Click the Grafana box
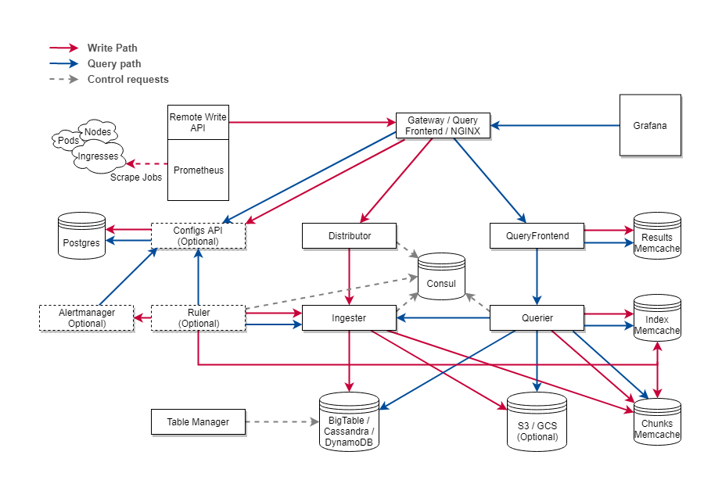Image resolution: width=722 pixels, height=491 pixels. tap(650, 125)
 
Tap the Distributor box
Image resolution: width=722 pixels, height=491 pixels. tap(350, 235)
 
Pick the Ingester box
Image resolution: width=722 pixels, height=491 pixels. tap(349, 318)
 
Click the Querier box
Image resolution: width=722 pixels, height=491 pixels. tap(537, 318)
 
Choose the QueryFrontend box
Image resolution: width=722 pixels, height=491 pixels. tap(537, 235)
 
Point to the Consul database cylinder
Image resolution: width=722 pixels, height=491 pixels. tap(441, 280)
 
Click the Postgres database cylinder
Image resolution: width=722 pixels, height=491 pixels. tap(81, 238)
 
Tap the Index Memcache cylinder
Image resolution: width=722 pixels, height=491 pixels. tap(656, 321)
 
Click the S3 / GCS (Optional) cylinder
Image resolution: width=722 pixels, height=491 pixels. tap(537, 425)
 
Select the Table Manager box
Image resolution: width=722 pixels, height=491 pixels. tap(198, 422)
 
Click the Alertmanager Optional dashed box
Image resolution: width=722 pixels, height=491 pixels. tap(87, 318)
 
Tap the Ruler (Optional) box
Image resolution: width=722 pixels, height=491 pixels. tap(198, 318)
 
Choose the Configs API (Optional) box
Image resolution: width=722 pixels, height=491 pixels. tap(198, 235)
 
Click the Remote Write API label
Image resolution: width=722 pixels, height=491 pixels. tap(198, 122)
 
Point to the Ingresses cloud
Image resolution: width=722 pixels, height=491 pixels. tap(98, 156)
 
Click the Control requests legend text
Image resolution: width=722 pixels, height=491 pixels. tap(128, 79)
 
